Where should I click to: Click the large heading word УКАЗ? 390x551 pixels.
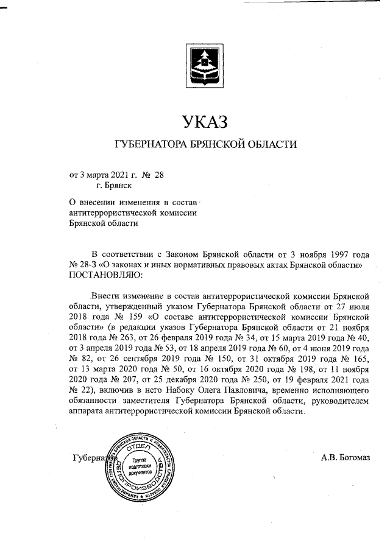pyautogui.click(x=205, y=122)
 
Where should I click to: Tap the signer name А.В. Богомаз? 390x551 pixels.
pyautogui.click(x=345, y=458)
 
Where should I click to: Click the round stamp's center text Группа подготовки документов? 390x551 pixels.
pyautogui.click(x=141, y=466)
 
